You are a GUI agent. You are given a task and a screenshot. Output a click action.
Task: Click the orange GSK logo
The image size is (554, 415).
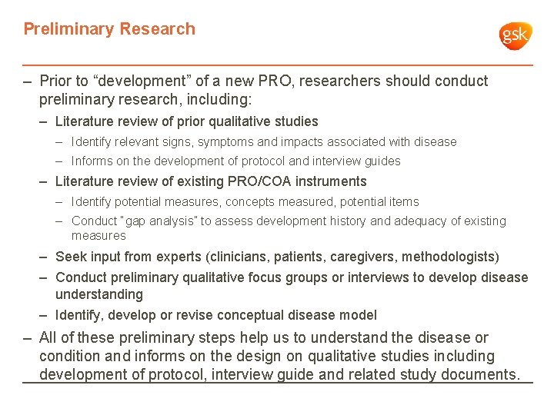click(x=516, y=35)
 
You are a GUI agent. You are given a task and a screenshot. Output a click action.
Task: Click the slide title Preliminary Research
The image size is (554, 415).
click(x=109, y=29)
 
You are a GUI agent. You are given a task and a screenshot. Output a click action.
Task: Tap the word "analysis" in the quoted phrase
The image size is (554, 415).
click(x=169, y=221)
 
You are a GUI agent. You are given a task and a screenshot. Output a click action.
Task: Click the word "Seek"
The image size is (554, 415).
click(x=71, y=257)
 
